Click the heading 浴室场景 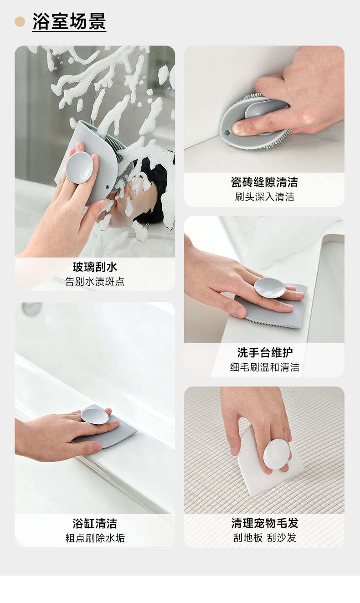pos(69,21)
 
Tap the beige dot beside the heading pos(20,21)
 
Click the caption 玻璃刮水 pos(95,267)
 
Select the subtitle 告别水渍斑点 pos(95,282)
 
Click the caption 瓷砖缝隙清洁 pos(264,182)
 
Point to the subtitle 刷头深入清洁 pos(264,197)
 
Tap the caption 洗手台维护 pos(265,352)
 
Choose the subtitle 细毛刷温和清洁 pos(264,367)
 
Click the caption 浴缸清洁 pos(95,523)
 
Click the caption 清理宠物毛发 pos(265,523)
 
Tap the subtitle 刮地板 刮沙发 pos(265,538)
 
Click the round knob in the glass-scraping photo pos(79,167)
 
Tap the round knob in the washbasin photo pos(270,288)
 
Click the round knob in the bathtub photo pos(95,415)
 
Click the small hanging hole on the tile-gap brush pos(227,133)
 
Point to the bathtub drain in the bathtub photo pos(31,309)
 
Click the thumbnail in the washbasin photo pos(240,312)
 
